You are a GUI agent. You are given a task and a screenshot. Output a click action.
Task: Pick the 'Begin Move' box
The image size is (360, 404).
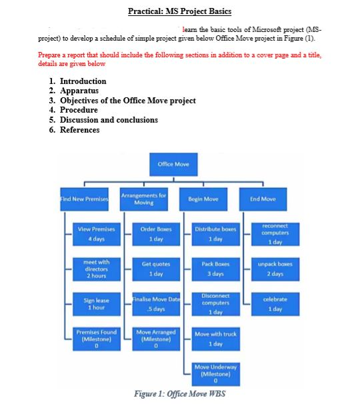click(x=203, y=199)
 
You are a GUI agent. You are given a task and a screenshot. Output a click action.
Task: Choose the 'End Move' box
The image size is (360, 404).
click(x=263, y=199)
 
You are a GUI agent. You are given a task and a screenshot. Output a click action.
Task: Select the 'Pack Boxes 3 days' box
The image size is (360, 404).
click(x=215, y=268)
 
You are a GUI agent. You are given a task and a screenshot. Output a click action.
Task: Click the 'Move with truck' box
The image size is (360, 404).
click(x=215, y=339)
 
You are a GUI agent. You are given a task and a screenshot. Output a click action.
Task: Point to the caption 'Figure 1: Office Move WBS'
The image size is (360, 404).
click(x=180, y=393)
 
